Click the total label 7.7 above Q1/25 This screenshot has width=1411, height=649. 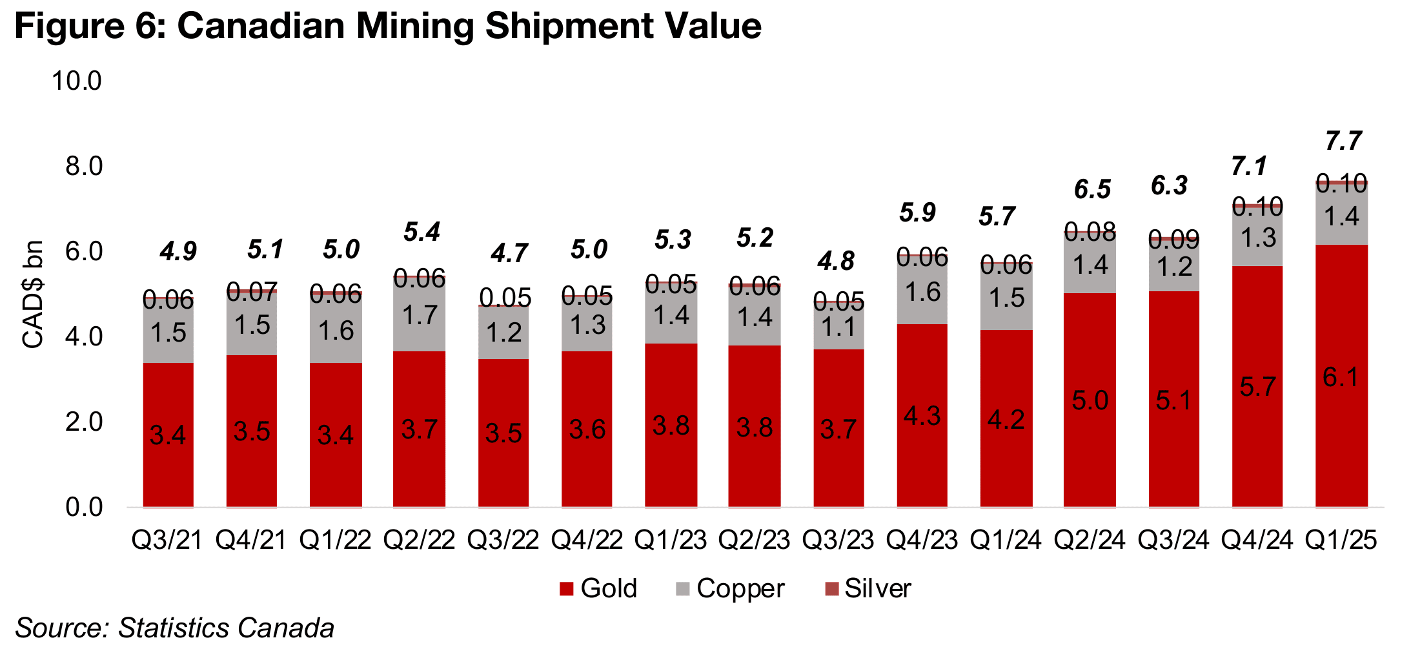point(1343,141)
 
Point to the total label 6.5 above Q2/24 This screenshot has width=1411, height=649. point(1092,189)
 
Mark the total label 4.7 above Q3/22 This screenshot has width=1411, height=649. point(509,253)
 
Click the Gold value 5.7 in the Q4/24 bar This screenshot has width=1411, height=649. point(1257,387)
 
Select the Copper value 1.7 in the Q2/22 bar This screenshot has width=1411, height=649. point(420,315)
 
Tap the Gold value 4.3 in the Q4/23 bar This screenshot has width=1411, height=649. point(922,415)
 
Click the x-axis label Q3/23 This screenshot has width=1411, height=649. point(838,540)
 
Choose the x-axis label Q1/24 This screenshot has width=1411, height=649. point(1006,540)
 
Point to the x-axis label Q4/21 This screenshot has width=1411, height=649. point(251,540)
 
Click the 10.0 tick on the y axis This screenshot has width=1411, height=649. point(77,81)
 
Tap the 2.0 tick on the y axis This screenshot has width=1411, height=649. point(84,422)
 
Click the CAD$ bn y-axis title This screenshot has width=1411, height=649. point(33,294)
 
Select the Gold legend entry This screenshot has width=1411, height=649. point(598,588)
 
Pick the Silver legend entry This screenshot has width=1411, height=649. point(868,588)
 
